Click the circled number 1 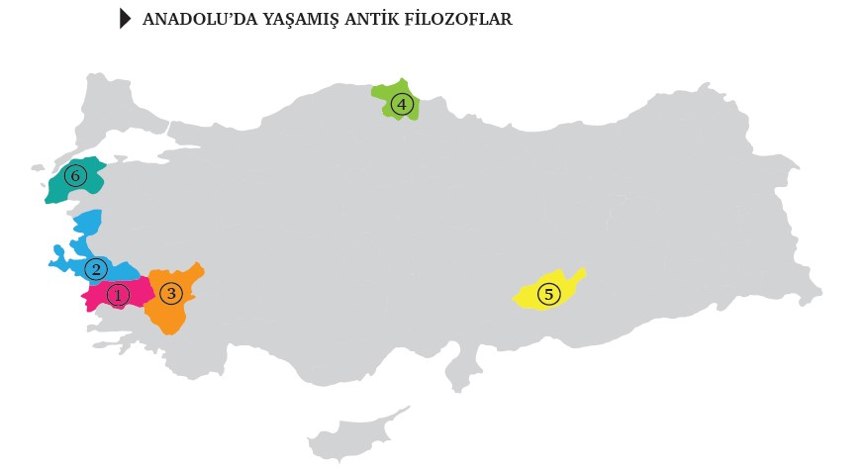[118, 295]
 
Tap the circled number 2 [96, 268]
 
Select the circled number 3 [171, 293]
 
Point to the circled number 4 [400, 103]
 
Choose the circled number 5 [548, 294]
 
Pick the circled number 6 [73, 176]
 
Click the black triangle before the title [125, 19]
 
